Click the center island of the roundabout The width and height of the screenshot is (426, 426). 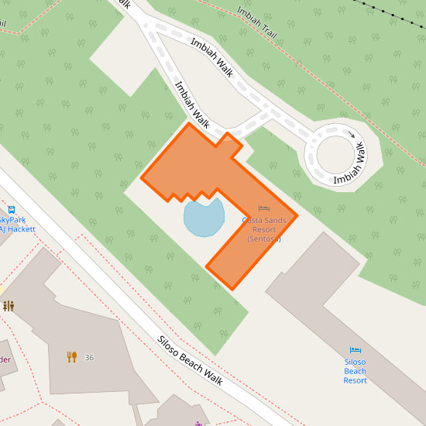coord(335,153)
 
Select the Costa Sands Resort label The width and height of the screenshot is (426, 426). coord(263,229)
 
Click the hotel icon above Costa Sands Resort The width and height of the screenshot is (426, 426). coord(264,208)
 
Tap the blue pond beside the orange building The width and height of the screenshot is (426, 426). coord(204,216)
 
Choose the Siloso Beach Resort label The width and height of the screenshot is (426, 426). coord(355,371)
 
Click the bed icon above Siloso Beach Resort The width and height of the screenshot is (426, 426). coord(356,350)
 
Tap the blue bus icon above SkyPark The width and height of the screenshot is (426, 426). coord(12,209)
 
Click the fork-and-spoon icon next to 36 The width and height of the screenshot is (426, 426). coord(72,357)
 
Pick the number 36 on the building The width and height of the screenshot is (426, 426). coord(89,357)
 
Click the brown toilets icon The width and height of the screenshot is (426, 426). coord(9,306)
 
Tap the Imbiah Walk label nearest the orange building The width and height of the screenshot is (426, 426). coord(192,105)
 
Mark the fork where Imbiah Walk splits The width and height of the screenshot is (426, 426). coord(146,23)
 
